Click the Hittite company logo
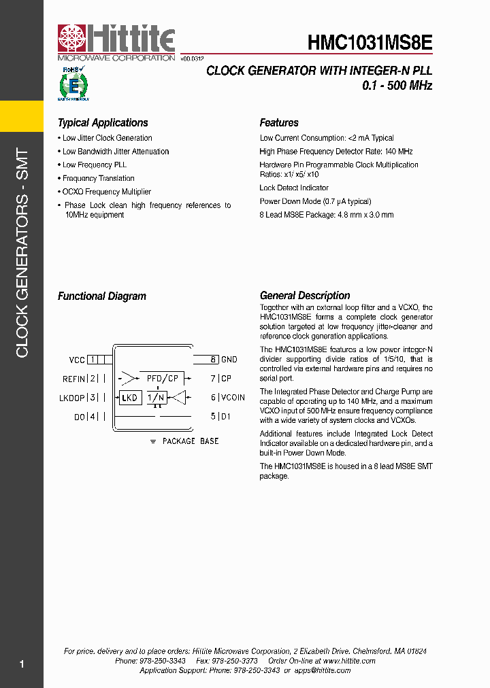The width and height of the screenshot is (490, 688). point(116,42)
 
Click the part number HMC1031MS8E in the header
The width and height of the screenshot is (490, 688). point(370,43)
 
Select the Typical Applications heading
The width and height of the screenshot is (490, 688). point(103,123)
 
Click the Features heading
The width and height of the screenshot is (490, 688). point(279,123)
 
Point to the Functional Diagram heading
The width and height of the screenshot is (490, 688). point(101,296)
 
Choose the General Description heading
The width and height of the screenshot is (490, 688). point(305,296)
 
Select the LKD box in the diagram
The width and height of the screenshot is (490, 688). point(129,398)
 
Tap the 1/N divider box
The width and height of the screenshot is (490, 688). point(157,398)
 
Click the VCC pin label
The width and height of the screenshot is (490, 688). point(77,360)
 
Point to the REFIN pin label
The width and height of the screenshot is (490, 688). point(73,379)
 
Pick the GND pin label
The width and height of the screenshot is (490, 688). point(229,360)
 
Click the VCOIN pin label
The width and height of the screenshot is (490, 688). point(233,398)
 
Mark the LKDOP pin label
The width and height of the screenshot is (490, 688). point(72,398)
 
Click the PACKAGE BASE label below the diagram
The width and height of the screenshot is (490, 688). point(190,441)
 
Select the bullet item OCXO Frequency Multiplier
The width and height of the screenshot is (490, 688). point(106,192)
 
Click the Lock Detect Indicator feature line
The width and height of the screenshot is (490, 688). point(294,188)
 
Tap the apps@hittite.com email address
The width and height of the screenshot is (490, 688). point(321,670)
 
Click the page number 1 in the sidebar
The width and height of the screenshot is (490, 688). point(22,664)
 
